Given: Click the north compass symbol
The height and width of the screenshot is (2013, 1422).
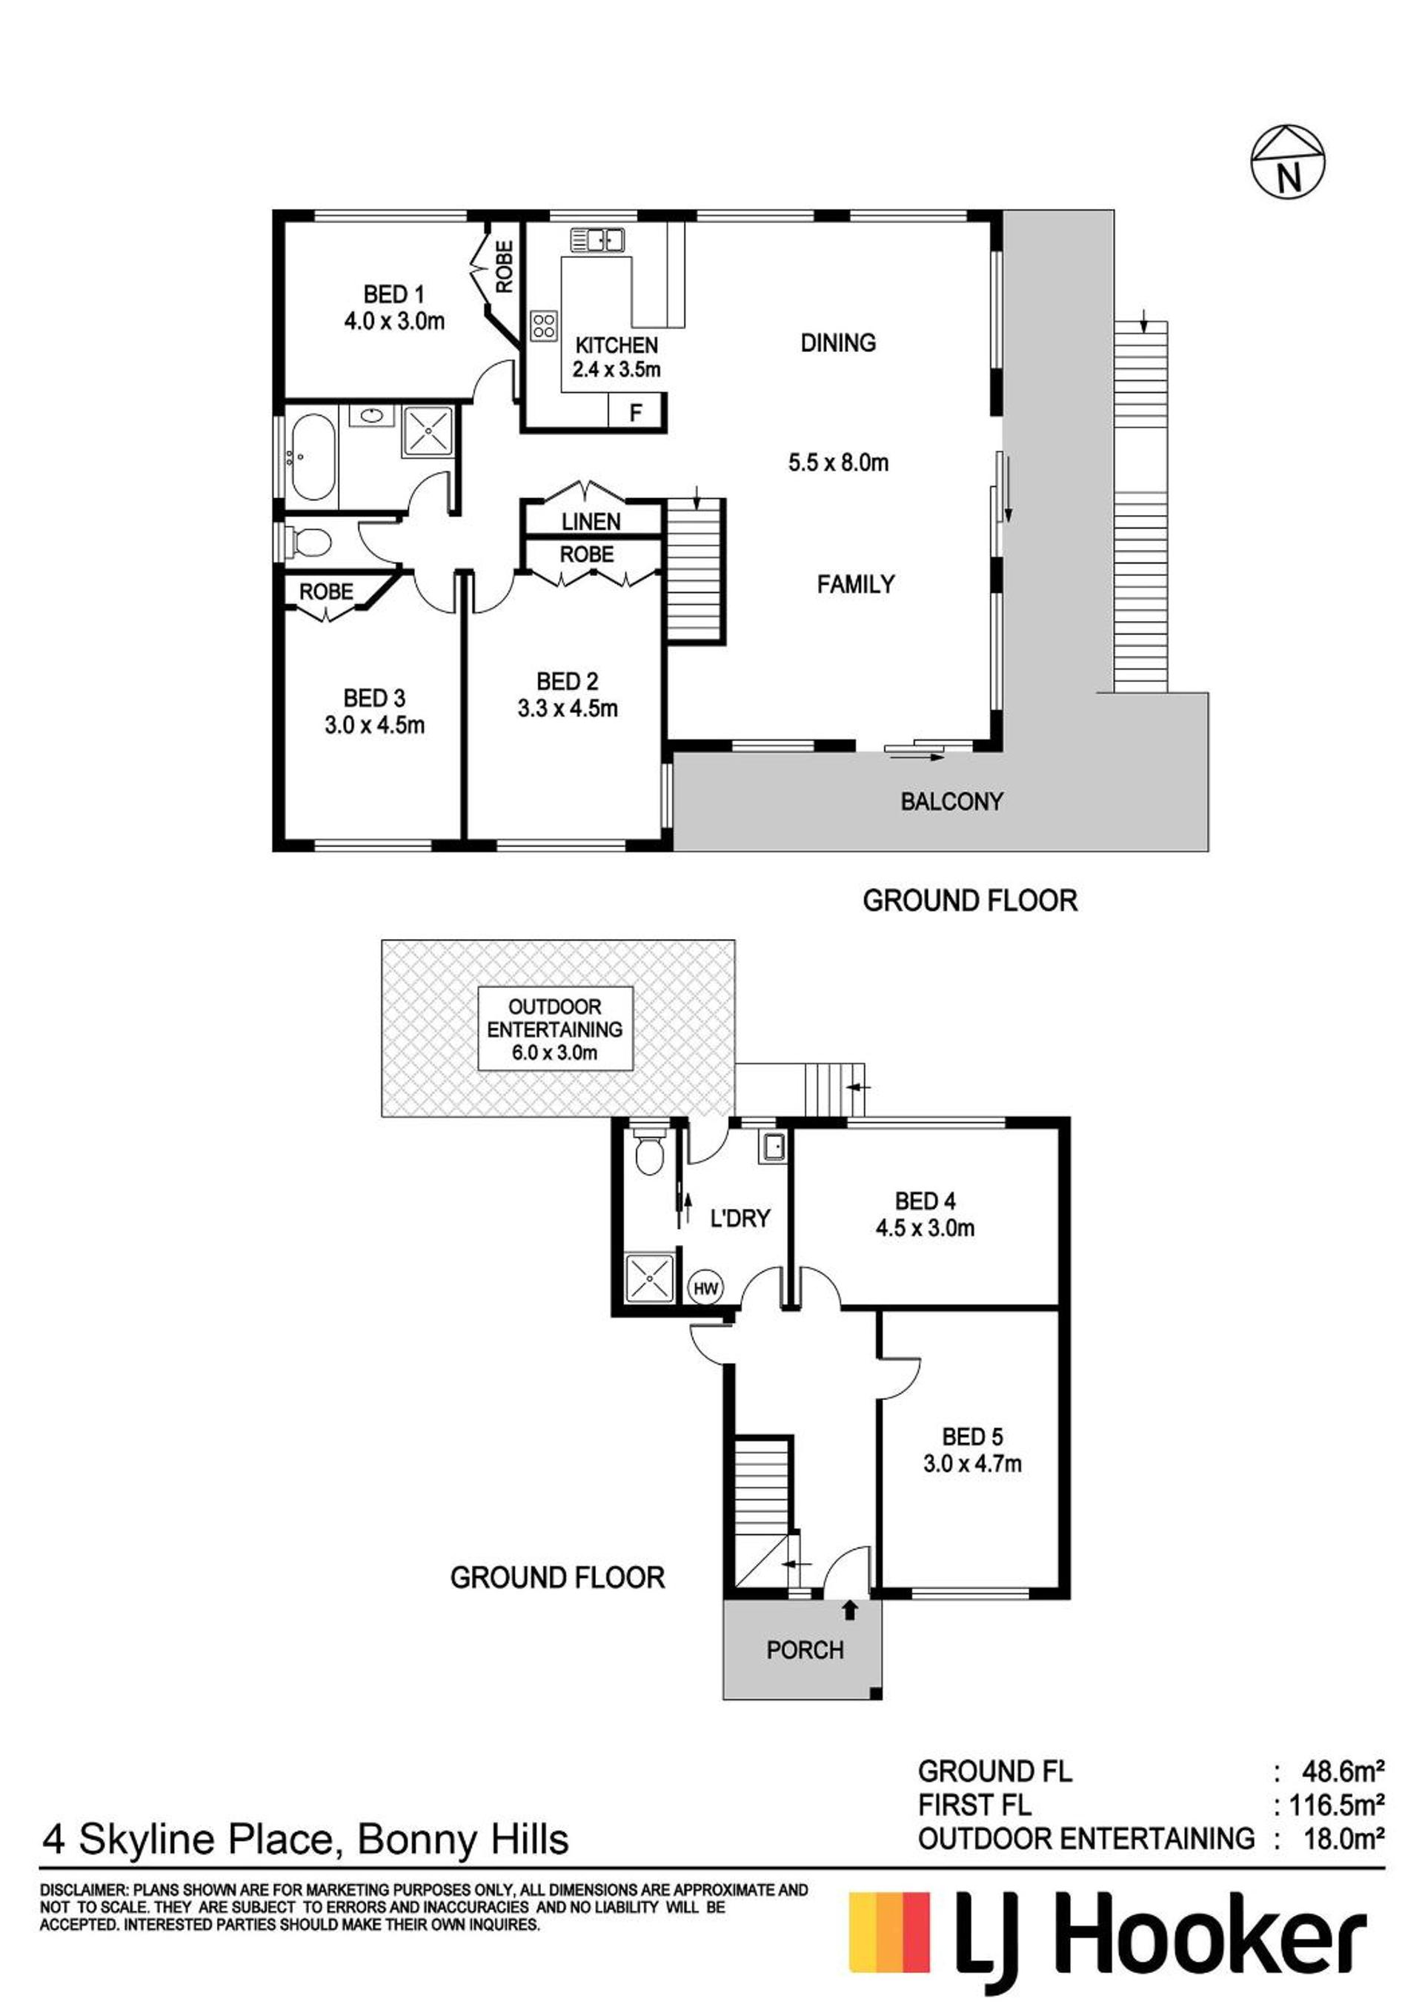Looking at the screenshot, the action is coord(1286,162).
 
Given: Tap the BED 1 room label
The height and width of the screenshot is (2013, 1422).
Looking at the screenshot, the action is coord(393,294).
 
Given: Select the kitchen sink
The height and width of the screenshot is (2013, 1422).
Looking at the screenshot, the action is coord(597,239).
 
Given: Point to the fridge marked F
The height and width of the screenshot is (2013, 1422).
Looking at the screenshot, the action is coord(637,411).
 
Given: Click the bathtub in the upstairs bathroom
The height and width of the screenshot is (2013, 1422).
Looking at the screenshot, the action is coord(311,457).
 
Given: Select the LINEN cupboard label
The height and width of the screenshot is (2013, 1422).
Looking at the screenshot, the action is coord(591,522).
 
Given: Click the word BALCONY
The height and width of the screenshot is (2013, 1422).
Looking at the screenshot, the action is coord(951,800).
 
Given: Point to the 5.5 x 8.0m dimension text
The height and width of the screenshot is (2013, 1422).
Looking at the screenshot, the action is coord(838,462).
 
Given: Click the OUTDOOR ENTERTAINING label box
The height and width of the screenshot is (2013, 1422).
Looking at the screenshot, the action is coord(555,1029).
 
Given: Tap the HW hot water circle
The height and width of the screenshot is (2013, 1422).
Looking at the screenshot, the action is coord(705,1288).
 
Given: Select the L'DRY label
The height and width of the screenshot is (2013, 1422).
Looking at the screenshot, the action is coord(740,1218).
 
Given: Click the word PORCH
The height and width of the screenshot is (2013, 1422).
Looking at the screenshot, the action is coord(805,1650).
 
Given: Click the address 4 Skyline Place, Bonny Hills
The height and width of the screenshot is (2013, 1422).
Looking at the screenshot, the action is coord(305,1839).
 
